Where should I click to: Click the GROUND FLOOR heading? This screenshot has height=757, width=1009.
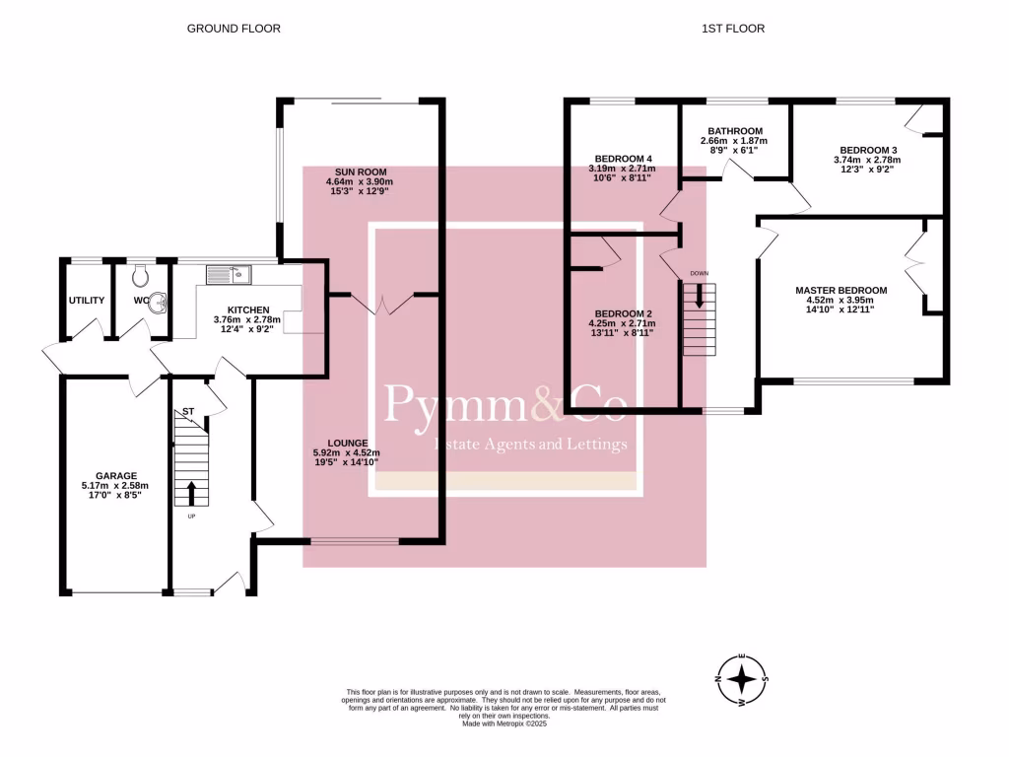tap(234, 29)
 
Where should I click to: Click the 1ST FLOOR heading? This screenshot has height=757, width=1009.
tap(733, 29)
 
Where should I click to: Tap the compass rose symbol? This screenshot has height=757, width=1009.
tap(743, 679)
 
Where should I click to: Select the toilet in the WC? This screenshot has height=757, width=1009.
tap(140, 276)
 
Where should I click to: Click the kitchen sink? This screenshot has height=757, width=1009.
tap(229, 275)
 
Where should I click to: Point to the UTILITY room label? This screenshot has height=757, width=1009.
tap(87, 301)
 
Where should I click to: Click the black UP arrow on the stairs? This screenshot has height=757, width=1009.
tap(191, 494)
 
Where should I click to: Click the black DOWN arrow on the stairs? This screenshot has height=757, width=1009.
tap(699, 296)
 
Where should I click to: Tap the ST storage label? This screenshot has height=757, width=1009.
tap(188, 411)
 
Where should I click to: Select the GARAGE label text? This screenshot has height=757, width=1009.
tap(116, 476)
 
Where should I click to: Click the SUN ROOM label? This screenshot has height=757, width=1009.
tap(361, 172)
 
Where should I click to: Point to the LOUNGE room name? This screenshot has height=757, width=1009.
tap(348, 443)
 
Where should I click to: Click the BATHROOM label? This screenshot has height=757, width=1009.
tap(735, 131)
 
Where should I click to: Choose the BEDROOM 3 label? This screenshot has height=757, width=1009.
tap(868, 150)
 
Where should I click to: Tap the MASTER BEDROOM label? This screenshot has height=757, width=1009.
tap(841, 291)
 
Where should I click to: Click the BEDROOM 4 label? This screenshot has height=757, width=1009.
tap(623, 159)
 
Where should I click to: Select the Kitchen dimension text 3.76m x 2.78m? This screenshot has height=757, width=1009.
tap(247, 319)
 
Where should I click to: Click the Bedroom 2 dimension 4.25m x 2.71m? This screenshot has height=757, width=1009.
tap(623, 323)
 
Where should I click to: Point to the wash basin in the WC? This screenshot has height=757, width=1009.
tap(158, 303)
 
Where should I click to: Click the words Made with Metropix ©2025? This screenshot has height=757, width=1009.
tap(504, 723)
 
